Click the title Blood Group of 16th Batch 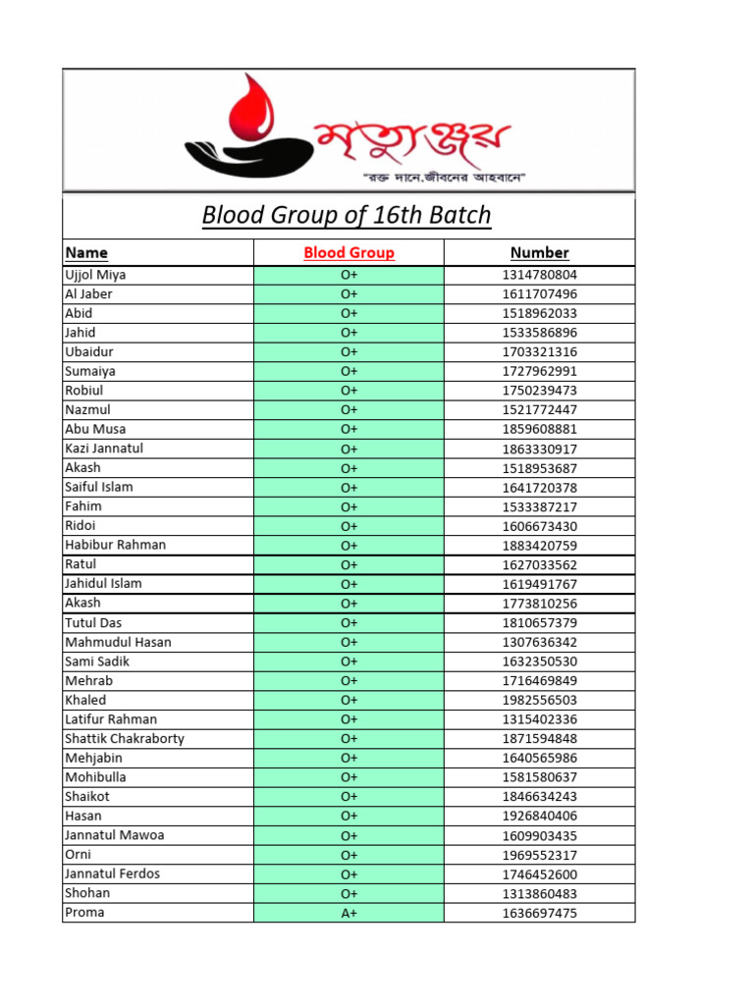coord(347,215)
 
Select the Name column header coord(86,252)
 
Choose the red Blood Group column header coord(349,252)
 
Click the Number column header coord(539,252)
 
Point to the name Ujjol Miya coord(95,275)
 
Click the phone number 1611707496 coord(539,294)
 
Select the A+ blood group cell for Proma coord(349,913)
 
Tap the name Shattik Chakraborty coord(125,738)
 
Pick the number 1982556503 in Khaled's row coord(539,700)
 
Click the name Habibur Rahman coord(115,545)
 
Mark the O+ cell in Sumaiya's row coord(349,371)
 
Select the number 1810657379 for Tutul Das coord(539,623)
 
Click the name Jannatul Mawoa coord(114,835)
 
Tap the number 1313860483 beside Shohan coord(539,893)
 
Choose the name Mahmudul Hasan coord(118,642)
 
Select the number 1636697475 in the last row coord(539,913)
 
